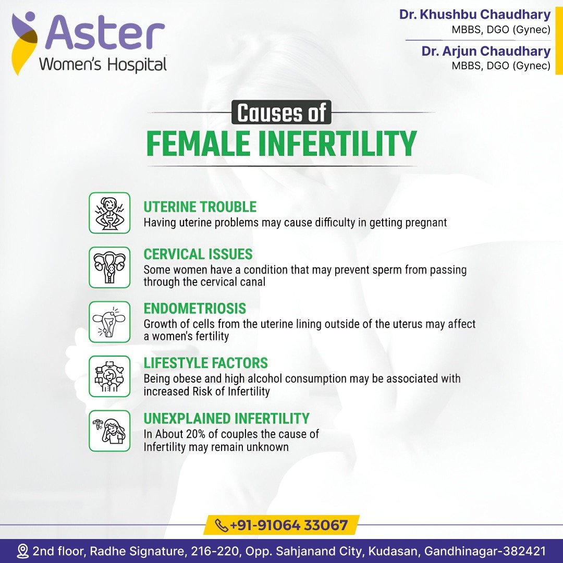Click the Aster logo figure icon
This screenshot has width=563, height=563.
(x=25, y=42)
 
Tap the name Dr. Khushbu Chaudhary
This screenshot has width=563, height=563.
(x=475, y=15)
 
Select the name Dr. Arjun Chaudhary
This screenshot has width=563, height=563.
(x=486, y=51)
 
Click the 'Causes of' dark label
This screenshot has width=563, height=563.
(x=281, y=113)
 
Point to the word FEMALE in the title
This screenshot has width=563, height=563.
(x=198, y=143)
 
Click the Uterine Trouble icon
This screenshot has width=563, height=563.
(x=109, y=213)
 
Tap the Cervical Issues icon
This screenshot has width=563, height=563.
(x=109, y=267)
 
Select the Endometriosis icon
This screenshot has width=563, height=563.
(x=109, y=322)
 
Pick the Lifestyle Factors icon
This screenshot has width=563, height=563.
(x=109, y=376)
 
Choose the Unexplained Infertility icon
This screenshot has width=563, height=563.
(x=109, y=431)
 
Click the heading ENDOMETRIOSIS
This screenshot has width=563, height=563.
(x=195, y=309)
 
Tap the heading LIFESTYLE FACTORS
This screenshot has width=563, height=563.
(x=206, y=363)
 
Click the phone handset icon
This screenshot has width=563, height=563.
(x=221, y=525)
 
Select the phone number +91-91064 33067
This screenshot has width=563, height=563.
(x=289, y=525)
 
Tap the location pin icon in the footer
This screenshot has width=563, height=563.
(x=23, y=551)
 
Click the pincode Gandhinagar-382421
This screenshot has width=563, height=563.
(x=485, y=551)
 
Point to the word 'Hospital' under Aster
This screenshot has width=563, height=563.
(x=137, y=65)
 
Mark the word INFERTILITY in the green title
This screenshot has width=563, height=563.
(x=337, y=143)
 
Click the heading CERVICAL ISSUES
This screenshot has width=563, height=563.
(x=198, y=254)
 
